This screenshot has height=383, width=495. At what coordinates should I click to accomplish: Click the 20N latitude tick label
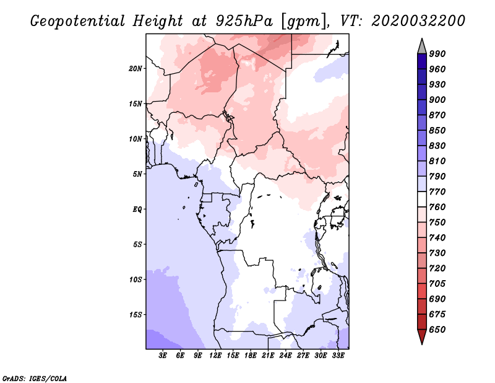(x=136, y=68)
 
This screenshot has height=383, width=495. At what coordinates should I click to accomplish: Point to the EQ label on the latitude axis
(x=137, y=209)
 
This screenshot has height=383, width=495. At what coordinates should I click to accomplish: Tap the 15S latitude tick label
(x=136, y=314)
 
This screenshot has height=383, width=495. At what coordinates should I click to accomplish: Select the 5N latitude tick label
(x=137, y=174)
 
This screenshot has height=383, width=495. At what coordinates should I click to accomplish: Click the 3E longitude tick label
(x=163, y=356)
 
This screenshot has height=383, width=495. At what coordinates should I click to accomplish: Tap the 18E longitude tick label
(x=250, y=356)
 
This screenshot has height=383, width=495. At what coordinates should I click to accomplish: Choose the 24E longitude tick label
(x=285, y=356)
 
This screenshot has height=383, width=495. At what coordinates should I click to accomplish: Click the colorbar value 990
(x=437, y=54)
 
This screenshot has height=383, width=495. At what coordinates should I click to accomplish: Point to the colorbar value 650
(x=437, y=330)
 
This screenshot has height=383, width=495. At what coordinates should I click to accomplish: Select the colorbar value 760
(x=437, y=207)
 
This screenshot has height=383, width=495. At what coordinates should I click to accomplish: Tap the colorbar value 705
(x=437, y=284)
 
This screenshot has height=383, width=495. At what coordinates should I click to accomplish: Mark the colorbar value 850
(x=437, y=131)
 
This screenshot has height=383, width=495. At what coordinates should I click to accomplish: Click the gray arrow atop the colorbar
(x=421, y=45)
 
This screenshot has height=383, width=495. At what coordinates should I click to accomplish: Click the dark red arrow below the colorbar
(x=421, y=337)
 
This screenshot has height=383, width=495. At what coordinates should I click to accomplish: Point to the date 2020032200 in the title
(x=418, y=21)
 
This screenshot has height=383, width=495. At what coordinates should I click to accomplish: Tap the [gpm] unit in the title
(x=303, y=21)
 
